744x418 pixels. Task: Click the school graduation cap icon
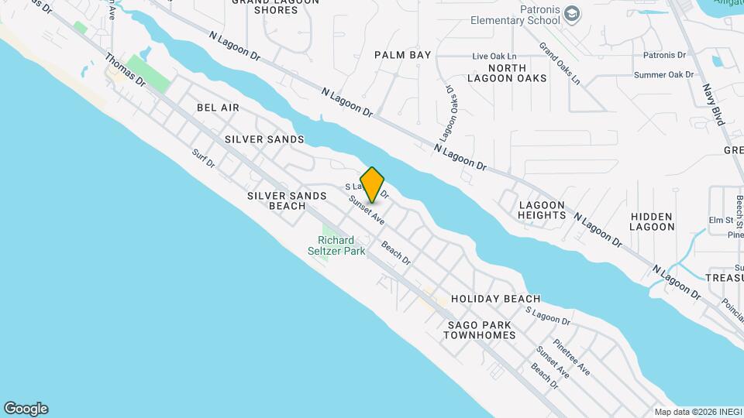571,14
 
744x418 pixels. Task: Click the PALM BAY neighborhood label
402,55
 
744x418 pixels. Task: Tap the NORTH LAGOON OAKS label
507,73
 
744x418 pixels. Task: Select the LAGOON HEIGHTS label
542,209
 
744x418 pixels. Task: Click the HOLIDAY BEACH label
495,299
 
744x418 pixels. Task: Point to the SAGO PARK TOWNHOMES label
480,329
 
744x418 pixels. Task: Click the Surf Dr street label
203,159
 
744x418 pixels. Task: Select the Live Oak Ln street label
494,57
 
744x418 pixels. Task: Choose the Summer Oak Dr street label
663,74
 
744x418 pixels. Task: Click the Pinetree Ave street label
572,357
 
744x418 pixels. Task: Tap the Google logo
26,409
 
